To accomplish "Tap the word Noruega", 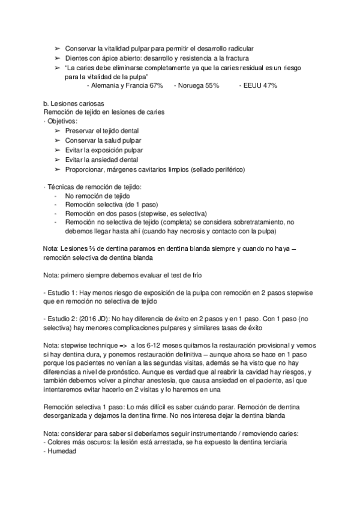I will point(191,86).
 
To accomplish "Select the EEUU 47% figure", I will point(260,86).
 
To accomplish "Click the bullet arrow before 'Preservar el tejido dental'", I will point(58,130).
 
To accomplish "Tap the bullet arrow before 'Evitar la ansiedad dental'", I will point(58,160).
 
